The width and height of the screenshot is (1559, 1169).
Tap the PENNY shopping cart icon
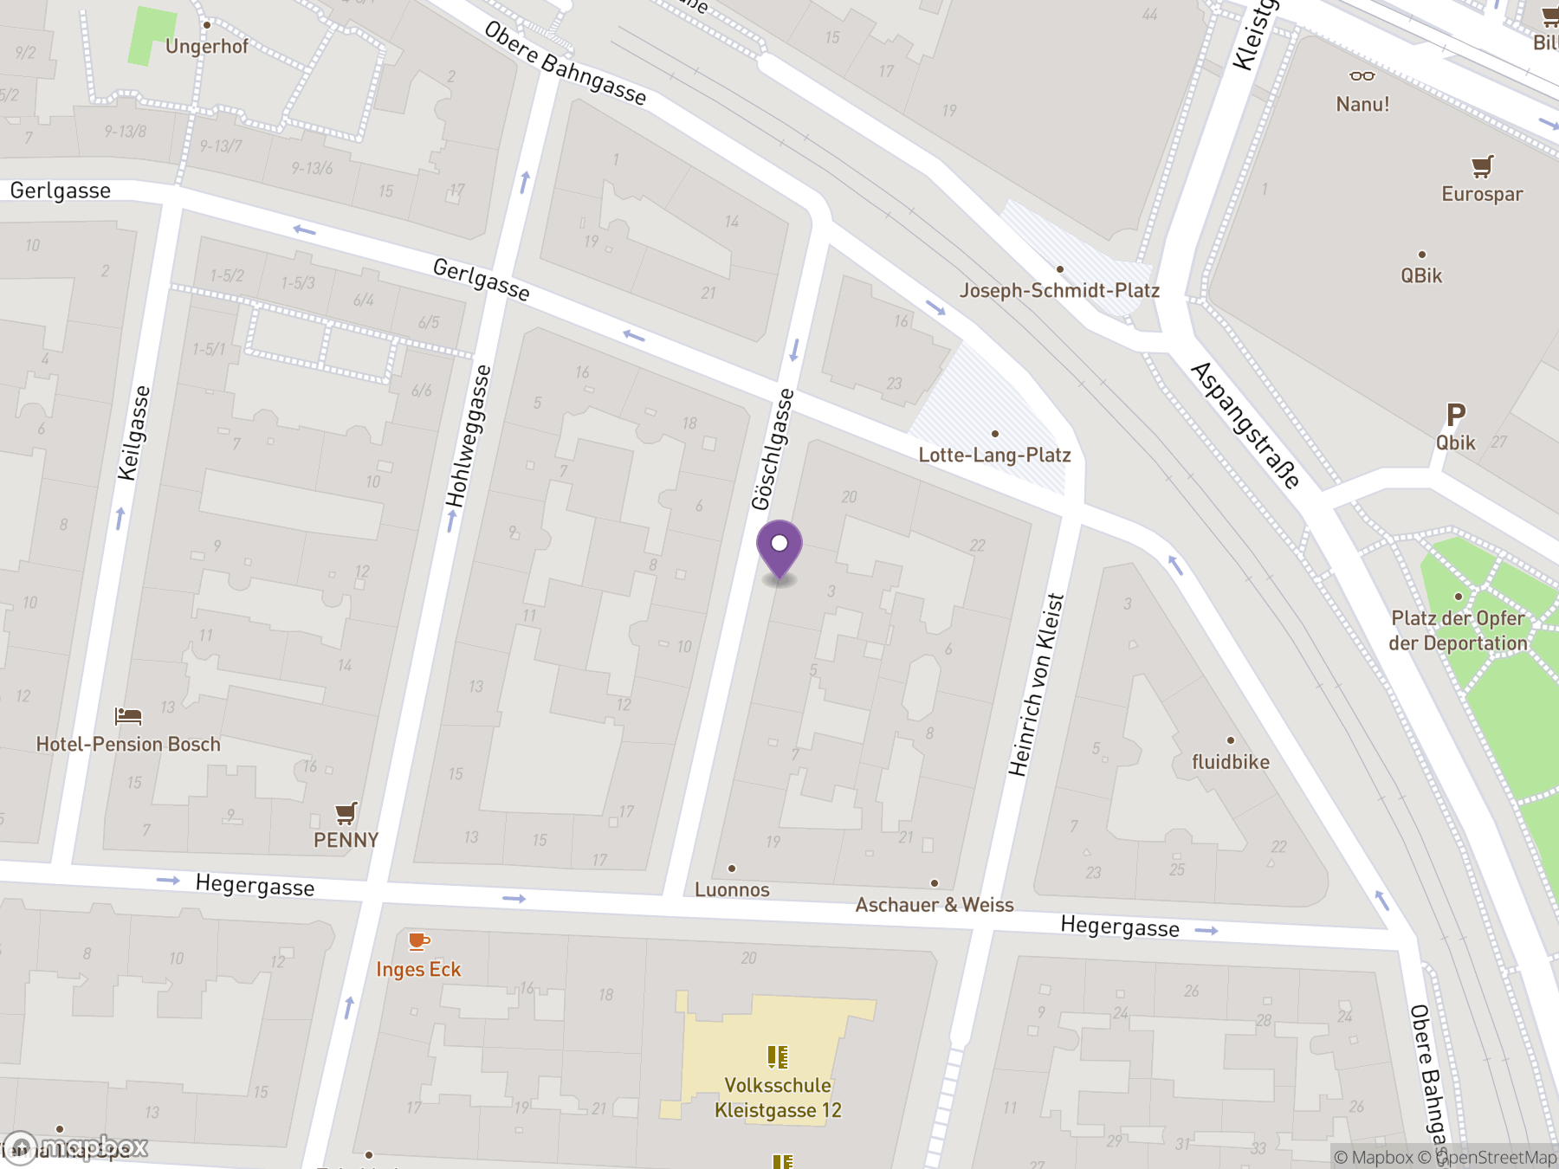click(346, 813)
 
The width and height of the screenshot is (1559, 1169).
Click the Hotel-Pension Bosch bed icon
click(128, 716)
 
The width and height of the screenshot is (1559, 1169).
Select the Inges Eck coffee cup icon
click(418, 940)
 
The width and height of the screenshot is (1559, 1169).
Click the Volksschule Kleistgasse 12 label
click(778, 1098)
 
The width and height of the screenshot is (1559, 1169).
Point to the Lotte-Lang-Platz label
click(994, 455)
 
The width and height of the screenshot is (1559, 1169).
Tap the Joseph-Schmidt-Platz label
click(1058, 291)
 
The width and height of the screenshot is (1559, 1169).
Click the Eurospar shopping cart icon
click(1482, 165)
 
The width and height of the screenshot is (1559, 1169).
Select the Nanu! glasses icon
click(1362, 76)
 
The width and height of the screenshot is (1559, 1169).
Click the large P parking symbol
click(1456, 416)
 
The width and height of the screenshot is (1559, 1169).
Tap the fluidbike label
click(1230, 762)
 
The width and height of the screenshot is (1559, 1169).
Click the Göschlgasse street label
click(773, 449)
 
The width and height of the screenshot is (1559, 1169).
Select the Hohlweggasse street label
click(469, 436)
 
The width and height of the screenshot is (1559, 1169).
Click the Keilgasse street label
click(134, 433)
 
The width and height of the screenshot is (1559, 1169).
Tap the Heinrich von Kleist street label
click(1036, 684)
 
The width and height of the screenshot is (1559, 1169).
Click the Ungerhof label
click(206, 47)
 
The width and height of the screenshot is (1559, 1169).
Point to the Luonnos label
click(732, 890)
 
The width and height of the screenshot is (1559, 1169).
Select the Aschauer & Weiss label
click(934, 905)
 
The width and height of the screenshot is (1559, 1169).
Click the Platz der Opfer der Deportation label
click(1458, 630)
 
